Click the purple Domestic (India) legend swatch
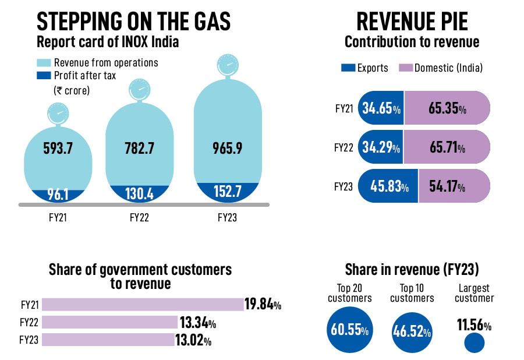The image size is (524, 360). tap(405, 68)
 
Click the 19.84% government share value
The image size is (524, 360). tap(263, 304)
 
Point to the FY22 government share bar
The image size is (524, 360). tap(109, 322)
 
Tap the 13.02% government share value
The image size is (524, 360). tap(193, 340)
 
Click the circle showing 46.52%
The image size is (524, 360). tap(412, 332)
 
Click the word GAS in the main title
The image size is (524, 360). tap(207, 22)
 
